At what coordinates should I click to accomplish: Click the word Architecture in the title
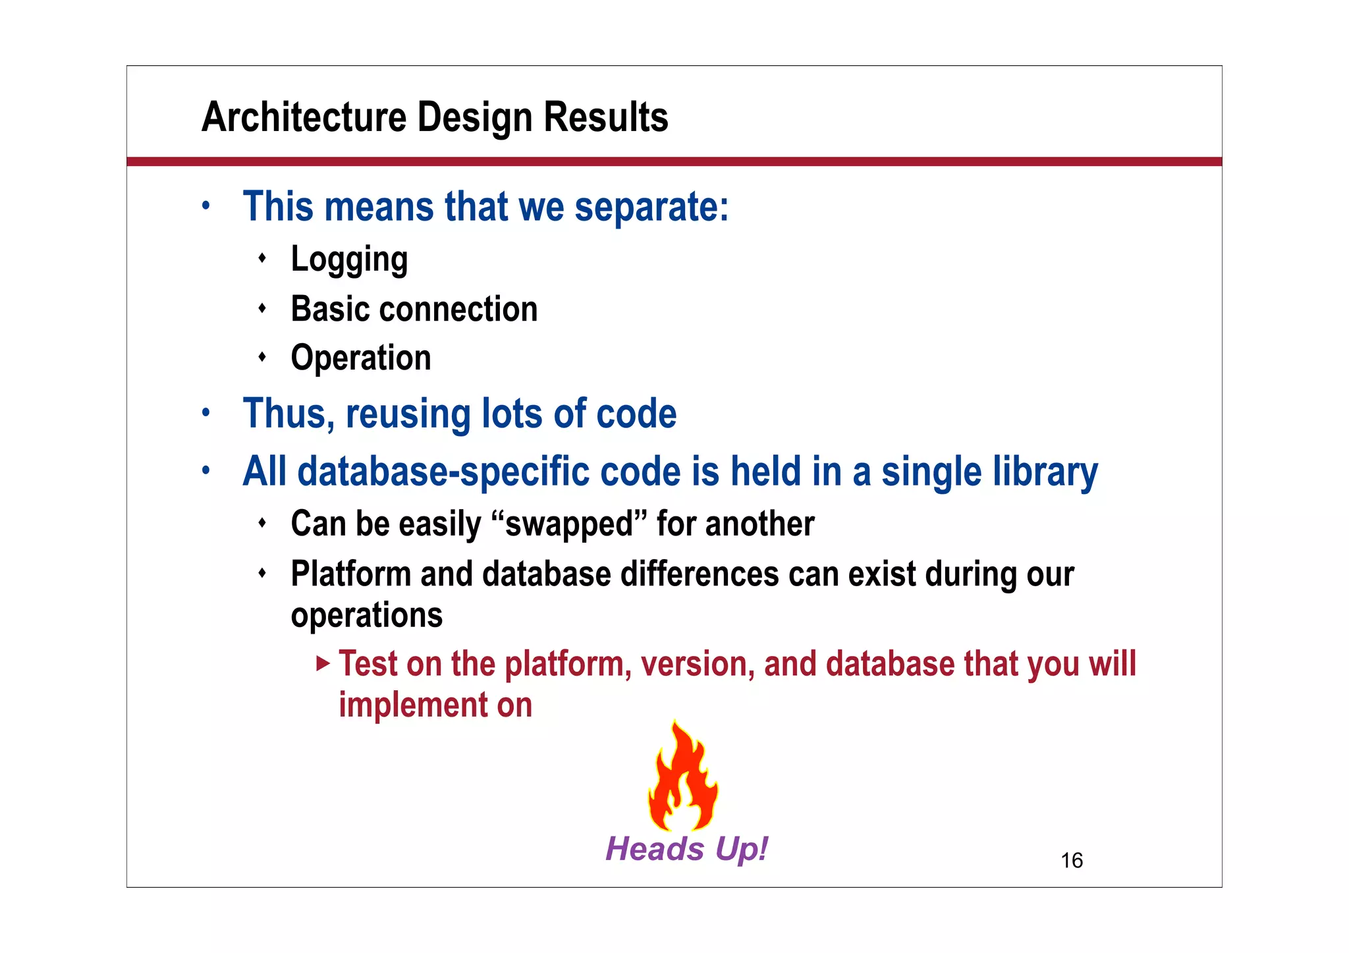304,117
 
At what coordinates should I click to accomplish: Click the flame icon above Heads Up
682,777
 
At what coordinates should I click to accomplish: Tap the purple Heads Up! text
686,848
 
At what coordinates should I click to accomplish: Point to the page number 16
1072,860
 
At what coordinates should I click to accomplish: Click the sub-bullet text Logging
349,259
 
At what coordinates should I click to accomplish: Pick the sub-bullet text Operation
361,358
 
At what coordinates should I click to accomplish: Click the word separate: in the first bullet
651,207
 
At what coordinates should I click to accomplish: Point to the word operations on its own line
366,615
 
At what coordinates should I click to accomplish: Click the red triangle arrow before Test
322,663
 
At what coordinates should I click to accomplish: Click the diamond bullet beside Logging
262,258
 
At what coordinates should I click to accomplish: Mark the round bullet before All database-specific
206,471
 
